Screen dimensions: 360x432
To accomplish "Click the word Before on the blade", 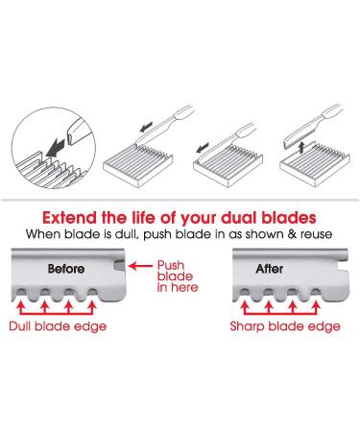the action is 66,269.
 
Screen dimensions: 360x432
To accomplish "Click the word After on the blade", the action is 269,269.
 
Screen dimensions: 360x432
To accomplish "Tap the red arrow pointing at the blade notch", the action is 140,266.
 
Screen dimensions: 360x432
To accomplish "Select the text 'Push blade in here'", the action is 178,276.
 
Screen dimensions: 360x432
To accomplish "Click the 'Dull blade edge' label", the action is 58,326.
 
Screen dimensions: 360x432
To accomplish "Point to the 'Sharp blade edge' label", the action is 285,326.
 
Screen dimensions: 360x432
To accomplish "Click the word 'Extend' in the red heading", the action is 69,218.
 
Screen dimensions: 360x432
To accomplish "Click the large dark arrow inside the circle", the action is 55,148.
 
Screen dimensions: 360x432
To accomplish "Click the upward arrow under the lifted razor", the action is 300,149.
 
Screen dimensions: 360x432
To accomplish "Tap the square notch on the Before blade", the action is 119,266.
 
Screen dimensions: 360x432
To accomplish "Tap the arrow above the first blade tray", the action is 147,128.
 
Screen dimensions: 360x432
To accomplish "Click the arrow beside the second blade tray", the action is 202,148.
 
